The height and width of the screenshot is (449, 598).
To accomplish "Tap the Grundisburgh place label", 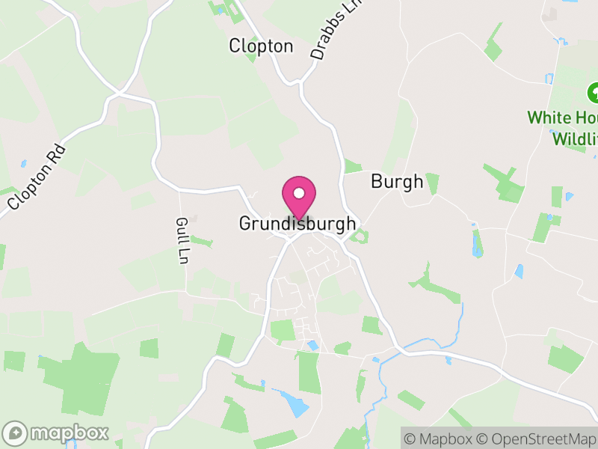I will coord(298,224).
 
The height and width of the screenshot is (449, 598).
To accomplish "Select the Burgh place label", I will coord(397,182).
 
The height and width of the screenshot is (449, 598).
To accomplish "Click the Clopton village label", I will coord(261,46).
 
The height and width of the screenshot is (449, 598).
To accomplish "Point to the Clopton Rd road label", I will coord(37,176).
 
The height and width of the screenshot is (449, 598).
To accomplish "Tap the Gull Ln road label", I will coord(182,240).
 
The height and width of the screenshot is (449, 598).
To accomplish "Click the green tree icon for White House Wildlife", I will coord(594,94).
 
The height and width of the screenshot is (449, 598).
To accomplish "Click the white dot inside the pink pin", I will coord(299,193).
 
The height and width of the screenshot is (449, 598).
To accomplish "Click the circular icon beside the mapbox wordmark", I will coord(15,433).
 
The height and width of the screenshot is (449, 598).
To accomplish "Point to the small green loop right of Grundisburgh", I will coord(360,237).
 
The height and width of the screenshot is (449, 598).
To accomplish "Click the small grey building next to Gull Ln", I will coord(194,219).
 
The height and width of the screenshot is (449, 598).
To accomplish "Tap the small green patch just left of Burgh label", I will coord(353,166).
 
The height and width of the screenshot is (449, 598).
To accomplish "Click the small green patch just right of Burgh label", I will coord(433,183).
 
